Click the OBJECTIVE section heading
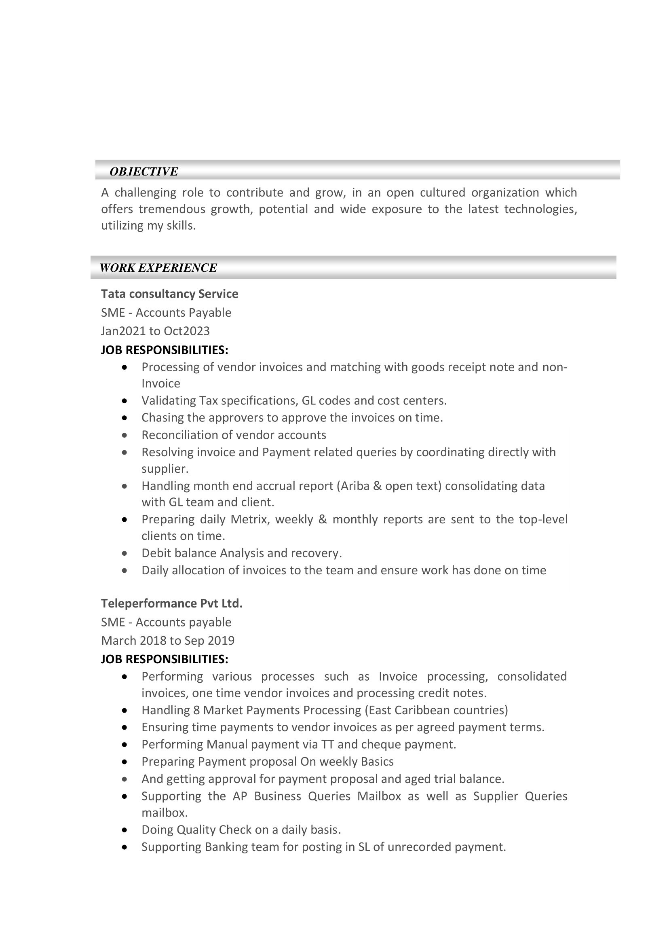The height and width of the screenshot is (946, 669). pyautogui.click(x=144, y=171)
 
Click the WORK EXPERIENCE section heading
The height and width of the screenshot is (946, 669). pyautogui.click(x=158, y=268)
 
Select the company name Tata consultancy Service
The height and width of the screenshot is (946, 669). pyautogui.click(x=169, y=294)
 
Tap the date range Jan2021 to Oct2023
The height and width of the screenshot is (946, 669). pyautogui.click(x=155, y=331)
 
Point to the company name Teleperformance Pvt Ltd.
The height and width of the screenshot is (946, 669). pyautogui.click(x=172, y=603)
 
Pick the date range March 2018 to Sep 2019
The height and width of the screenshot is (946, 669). pyautogui.click(x=168, y=641)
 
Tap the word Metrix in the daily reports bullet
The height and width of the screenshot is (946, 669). pyautogui.click(x=250, y=519)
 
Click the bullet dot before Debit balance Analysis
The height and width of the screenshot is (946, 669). pyautogui.click(x=125, y=554)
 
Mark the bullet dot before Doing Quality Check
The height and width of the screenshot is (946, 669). pyautogui.click(x=125, y=830)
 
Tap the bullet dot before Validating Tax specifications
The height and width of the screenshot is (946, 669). pyautogui.click(x=125, y=401)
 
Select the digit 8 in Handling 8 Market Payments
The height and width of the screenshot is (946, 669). pyautogui.click(x=196, y=710)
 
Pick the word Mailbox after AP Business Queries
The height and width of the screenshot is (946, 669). pyautogui.click(x=379, y=796)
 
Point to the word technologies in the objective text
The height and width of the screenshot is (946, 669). pyautogui.click(x=540, y=210)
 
